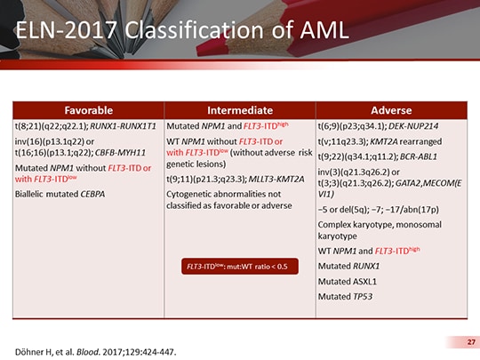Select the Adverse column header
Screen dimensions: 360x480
(x=391, y=110)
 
